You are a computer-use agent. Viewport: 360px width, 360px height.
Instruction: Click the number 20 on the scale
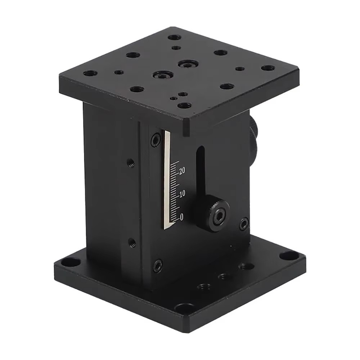(x=182, y=171)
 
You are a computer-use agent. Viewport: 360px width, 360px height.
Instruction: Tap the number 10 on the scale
(x=182, y=194)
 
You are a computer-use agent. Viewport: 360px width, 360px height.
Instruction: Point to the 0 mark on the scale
(x=181, y=217)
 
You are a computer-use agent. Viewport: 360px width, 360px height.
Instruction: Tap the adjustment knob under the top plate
(x=253, y=137)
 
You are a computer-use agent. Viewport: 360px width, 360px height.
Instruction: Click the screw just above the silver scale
(x=156, y=140)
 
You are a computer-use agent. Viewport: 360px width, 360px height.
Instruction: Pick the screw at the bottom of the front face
(x=158, y=266)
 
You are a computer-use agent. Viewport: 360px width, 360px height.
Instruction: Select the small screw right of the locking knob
(x=244, y=224)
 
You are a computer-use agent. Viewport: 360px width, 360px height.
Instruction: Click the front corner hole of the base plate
(x=184, y=308)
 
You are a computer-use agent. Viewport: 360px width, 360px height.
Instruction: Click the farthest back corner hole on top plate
(x=174, y=37)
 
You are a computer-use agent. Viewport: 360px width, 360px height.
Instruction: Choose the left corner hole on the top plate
(x=90, y=73)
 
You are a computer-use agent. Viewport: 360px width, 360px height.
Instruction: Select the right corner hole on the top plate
(x=267, y=68)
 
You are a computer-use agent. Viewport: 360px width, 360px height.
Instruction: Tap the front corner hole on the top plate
(x=184, y=105)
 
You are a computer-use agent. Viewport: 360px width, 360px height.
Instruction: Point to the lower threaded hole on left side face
(x=132, y=242)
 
